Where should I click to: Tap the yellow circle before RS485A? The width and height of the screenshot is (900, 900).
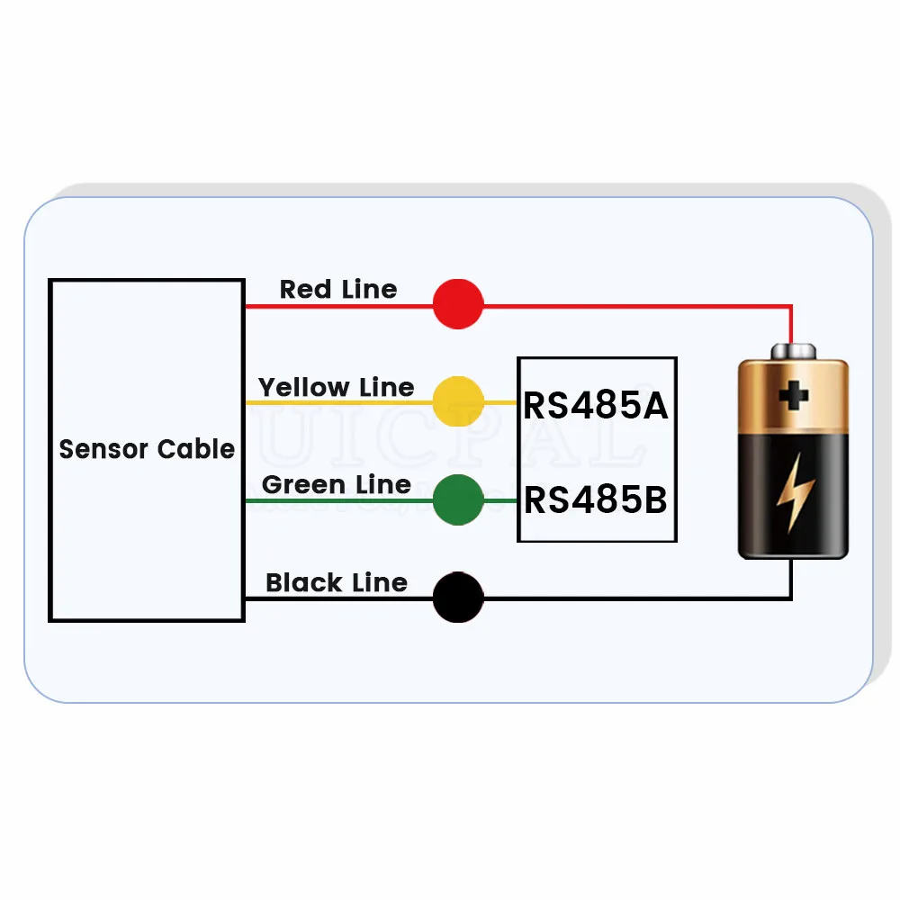[x=458, y=400]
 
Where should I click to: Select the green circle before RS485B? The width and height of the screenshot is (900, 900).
[x=458, y=499]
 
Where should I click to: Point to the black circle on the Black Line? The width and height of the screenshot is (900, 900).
[x=458, y=597]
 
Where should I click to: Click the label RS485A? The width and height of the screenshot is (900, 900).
[x=596, y=406]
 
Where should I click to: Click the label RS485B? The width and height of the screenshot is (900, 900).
[x=596, y=499]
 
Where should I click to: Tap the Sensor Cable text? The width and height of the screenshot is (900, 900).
[x=147, y=448]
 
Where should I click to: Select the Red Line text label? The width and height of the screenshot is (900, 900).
[x=337, y=289]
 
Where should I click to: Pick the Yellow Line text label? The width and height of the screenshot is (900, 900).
[x=336, y=387]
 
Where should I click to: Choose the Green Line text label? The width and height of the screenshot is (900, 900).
[x=336, y=484]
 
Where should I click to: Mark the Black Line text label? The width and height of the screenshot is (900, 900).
[x=336, y=582]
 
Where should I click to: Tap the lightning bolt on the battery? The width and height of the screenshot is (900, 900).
[x=795, y=490]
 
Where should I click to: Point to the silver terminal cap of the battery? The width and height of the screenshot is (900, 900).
[x=792, y=350]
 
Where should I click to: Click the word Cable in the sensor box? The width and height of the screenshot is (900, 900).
[x=195, y=448]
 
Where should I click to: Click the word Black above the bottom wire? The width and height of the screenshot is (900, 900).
[x=303, y=582]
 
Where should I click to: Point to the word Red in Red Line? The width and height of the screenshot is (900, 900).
[x=306, y=289]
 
